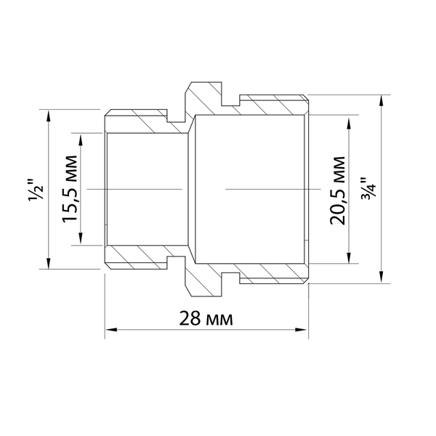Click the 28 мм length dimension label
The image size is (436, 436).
point(206,319)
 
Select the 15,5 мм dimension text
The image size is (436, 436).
point(70,189)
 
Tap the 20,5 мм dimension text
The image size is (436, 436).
point(337,190)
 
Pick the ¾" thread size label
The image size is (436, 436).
point(368,188)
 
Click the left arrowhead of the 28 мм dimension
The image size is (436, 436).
point(110,330)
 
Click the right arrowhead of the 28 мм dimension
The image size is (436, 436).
point(302,330)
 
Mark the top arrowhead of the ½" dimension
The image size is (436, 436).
point(49,116)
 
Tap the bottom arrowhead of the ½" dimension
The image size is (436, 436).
point(49,263)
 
